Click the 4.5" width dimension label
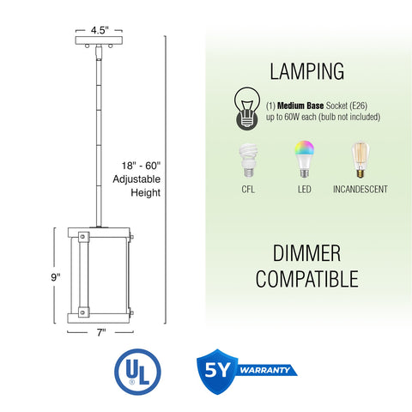100,30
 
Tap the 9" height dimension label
56,277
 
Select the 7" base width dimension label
101,332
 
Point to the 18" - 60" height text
141,166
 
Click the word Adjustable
136,179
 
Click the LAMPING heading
307,71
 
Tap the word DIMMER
306,253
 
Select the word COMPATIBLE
306,279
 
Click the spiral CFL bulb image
248,161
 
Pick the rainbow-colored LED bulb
305,159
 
